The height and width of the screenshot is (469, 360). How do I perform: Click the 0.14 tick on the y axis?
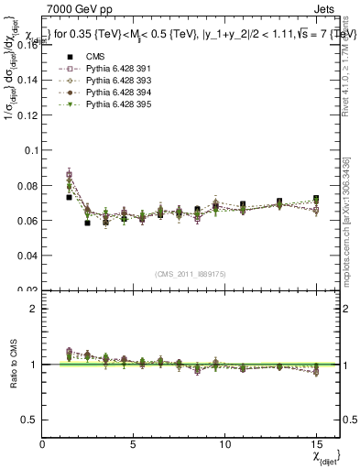click(x=26, y=81)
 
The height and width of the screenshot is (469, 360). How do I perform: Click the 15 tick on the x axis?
click(x=316, y=442)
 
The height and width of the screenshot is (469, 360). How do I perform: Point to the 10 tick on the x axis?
click(x=225, y=442)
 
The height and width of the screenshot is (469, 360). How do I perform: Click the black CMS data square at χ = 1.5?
click(x=70, y=197)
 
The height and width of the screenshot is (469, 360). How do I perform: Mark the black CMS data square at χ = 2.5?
click(x=88, y=223)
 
